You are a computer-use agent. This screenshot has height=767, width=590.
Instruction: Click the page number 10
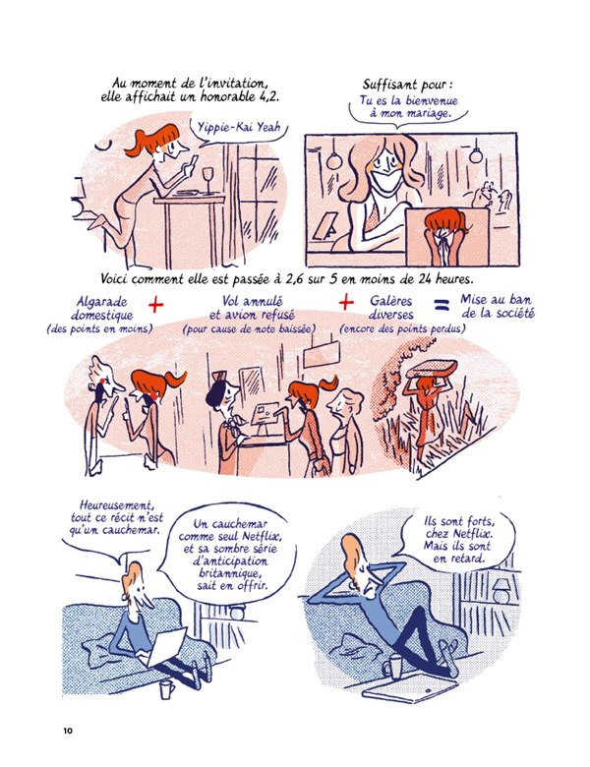67,730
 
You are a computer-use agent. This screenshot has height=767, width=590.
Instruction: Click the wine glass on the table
207,177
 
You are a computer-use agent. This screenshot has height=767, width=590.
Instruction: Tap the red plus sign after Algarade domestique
156,307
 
